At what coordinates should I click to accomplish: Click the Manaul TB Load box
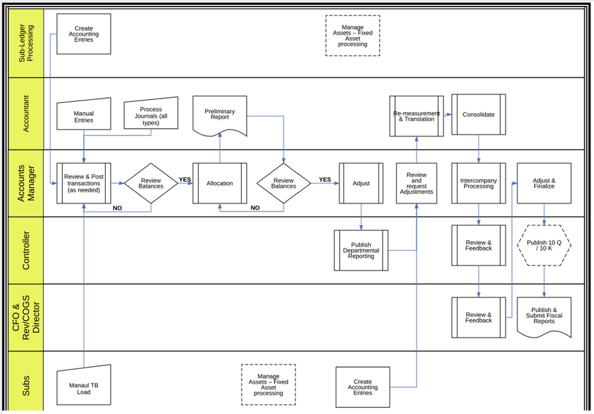(x=84, y=388)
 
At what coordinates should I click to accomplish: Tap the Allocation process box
(x=220, y=184)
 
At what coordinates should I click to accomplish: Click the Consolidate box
(x=478, y=115)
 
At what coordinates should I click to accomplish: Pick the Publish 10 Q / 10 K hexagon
(x=544, y=245)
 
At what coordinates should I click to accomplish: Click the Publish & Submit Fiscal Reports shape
(x=544, y=317)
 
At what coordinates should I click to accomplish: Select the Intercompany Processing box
(x=478, y=184)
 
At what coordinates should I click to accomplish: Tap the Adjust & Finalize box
(x=544, y=184)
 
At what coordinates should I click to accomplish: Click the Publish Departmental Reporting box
(x=361, y=250)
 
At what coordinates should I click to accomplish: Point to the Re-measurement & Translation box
(x=416, y=116)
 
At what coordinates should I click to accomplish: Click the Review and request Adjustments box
(x=416, y=184)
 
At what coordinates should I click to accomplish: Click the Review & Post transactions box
(x=84, y=184)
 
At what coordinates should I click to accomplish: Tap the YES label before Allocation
(x=185, y=179)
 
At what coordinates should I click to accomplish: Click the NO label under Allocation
(x=255, y=208)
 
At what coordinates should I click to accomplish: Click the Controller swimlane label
(x=26, y=250)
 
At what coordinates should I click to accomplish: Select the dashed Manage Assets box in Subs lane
(x=268, y=385)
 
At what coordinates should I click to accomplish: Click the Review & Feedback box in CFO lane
(x=478, y=318)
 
